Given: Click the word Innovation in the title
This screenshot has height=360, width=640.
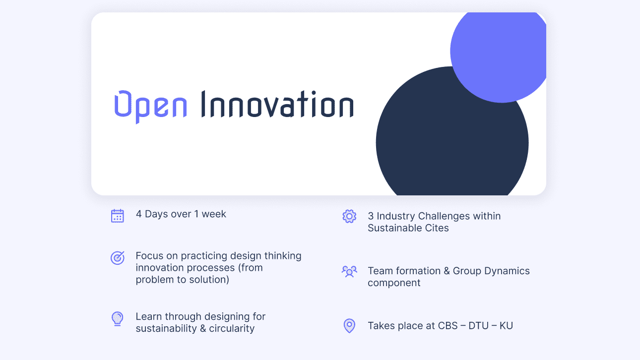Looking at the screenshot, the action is coord(277,104).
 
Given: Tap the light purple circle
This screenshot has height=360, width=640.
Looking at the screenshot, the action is coord(498,57).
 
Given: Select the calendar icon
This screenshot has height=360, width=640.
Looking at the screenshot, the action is coord(118,216).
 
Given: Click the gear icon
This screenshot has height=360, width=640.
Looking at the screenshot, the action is coord(349,216).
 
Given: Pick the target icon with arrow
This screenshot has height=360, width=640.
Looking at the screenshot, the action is coord(118,258).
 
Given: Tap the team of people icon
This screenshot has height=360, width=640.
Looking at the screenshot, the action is coord(349,271).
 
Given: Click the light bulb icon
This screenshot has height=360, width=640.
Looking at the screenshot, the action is coord(118,319).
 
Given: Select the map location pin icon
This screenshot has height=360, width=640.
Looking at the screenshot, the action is coord(349,326).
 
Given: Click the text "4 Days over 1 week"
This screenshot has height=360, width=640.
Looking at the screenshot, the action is coord(181,214).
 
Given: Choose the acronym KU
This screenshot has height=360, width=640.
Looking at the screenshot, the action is coord(506,325).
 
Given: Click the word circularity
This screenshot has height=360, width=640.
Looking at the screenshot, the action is coord(232,329).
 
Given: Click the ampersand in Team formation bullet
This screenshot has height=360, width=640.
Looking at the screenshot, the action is coord(447,271).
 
